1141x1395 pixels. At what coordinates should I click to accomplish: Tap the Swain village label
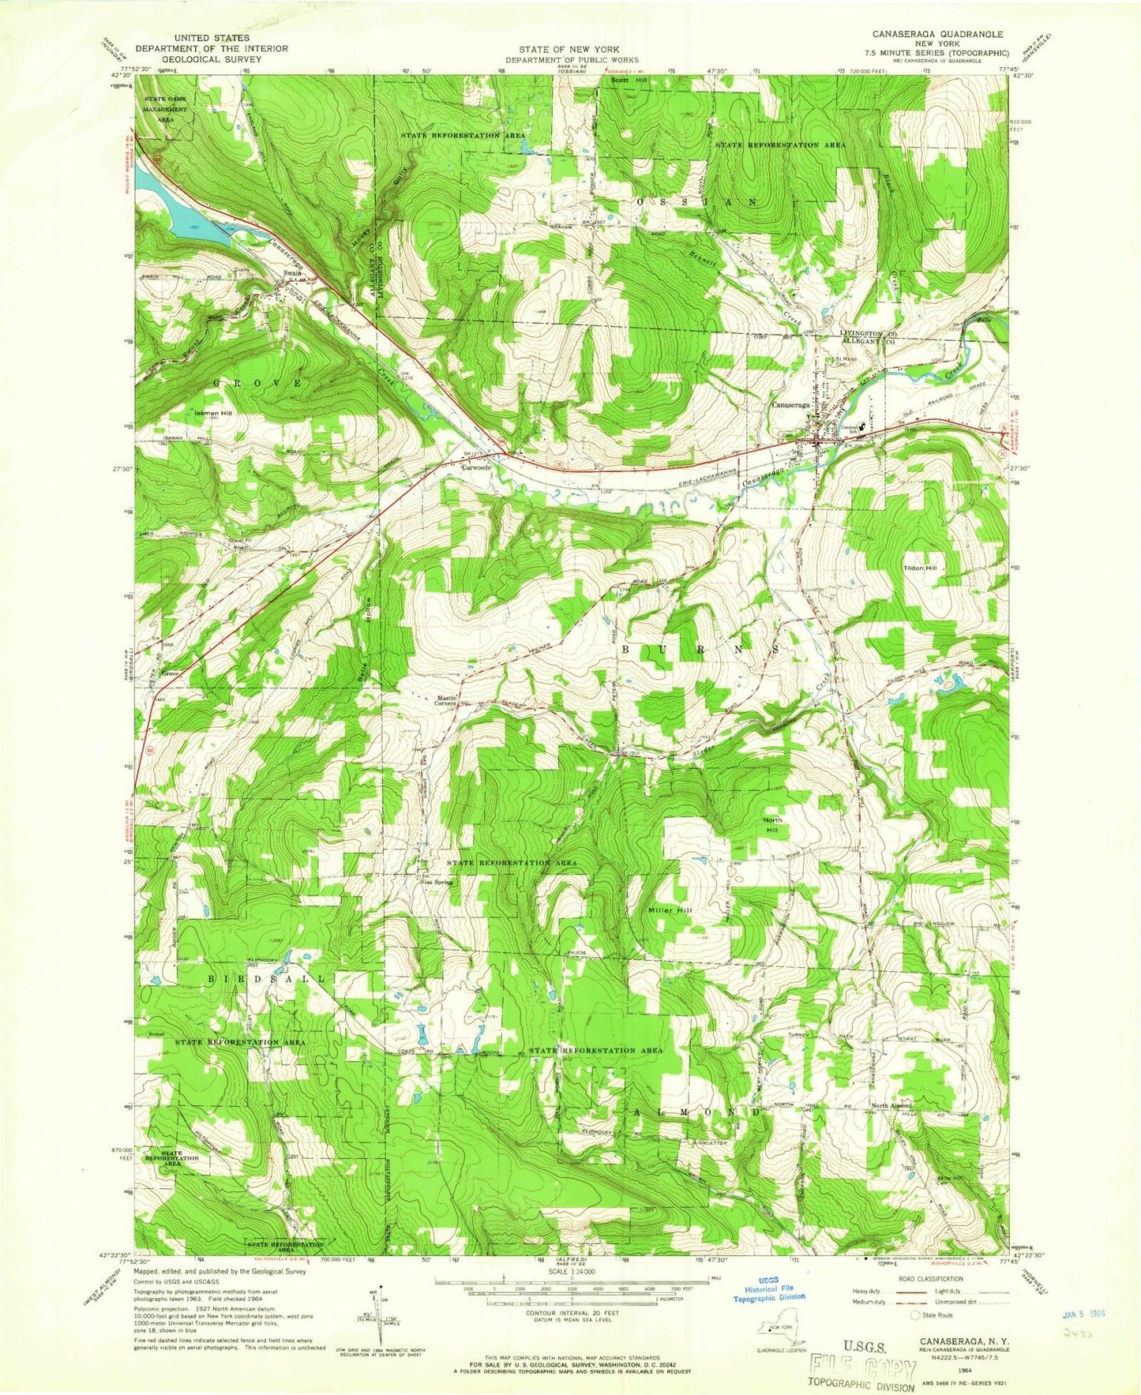(292, 273)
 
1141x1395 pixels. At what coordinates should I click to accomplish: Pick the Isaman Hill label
(208, 412)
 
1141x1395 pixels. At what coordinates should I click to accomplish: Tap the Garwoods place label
(476, 467)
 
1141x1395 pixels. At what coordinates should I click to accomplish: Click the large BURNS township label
(702, 649)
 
